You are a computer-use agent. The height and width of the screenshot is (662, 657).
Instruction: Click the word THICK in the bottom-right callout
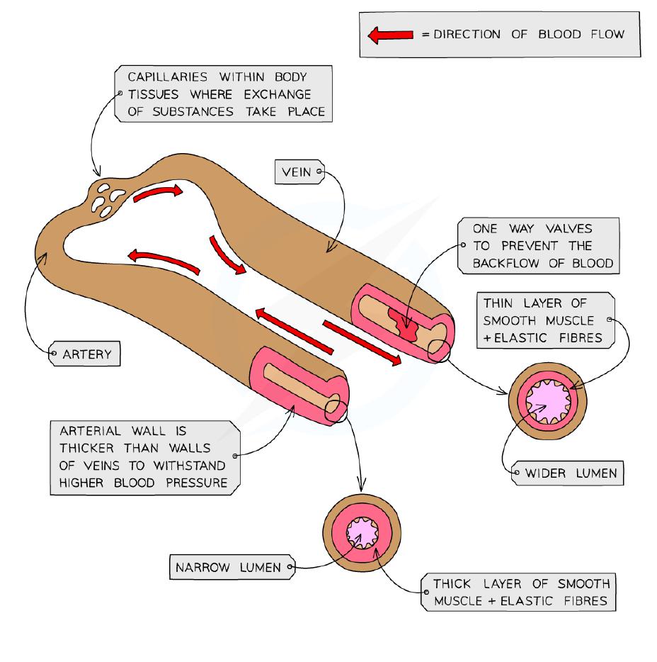[x=449, y=585]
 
